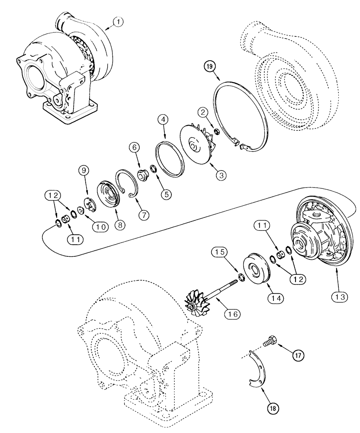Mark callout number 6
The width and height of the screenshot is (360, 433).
tap(135, 147)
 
